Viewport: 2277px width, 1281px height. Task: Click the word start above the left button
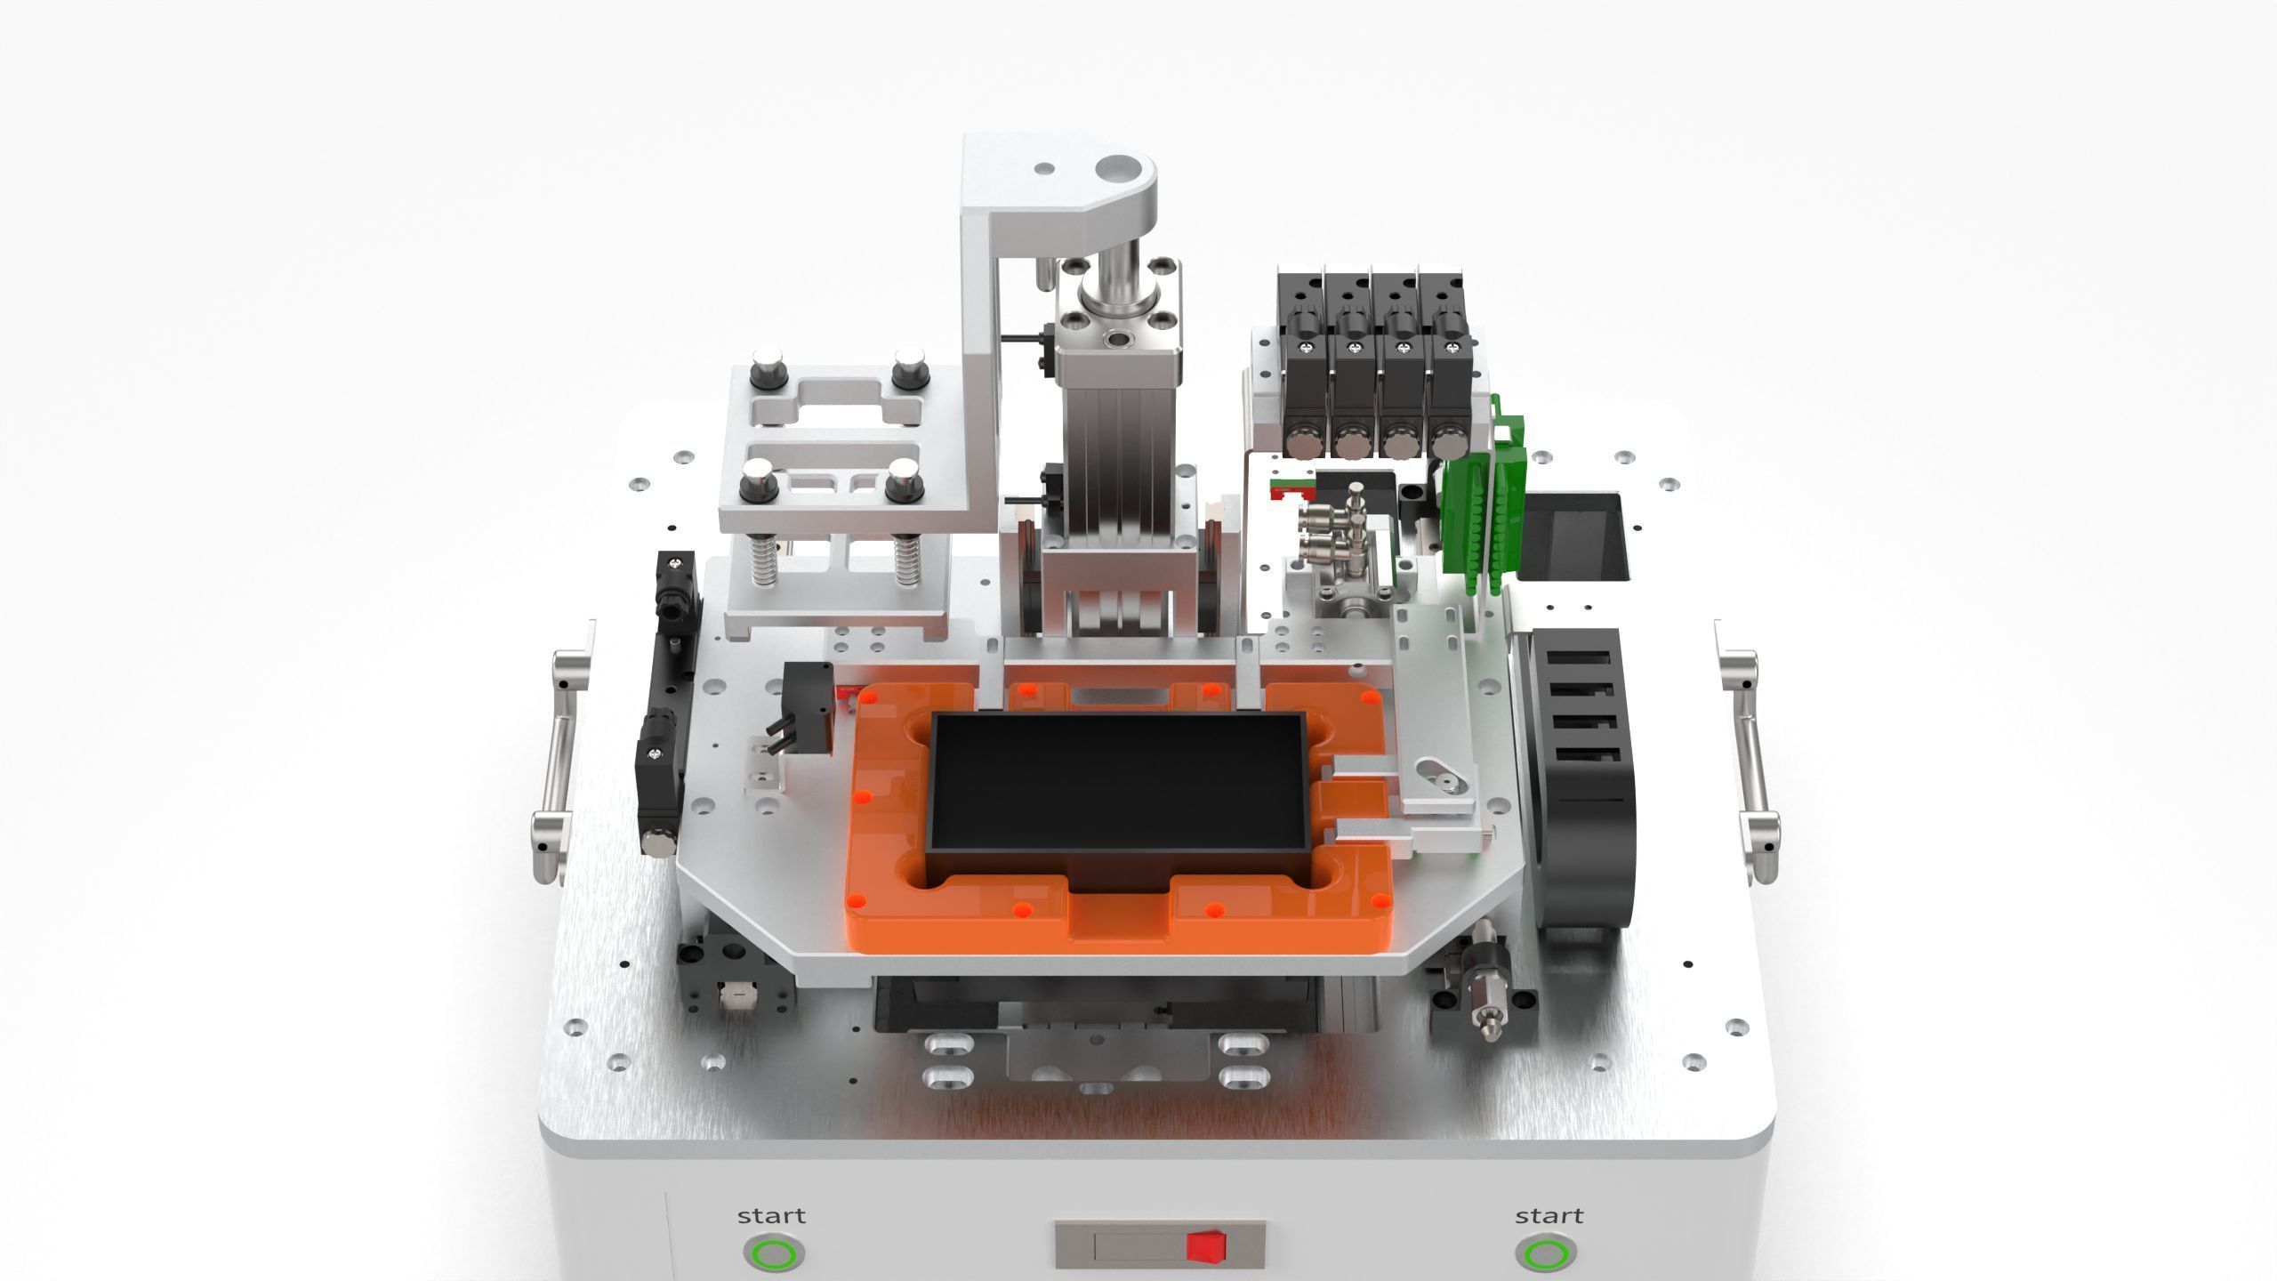tap(771, 1215)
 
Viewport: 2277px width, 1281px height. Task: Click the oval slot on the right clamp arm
tap(1435, 774)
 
